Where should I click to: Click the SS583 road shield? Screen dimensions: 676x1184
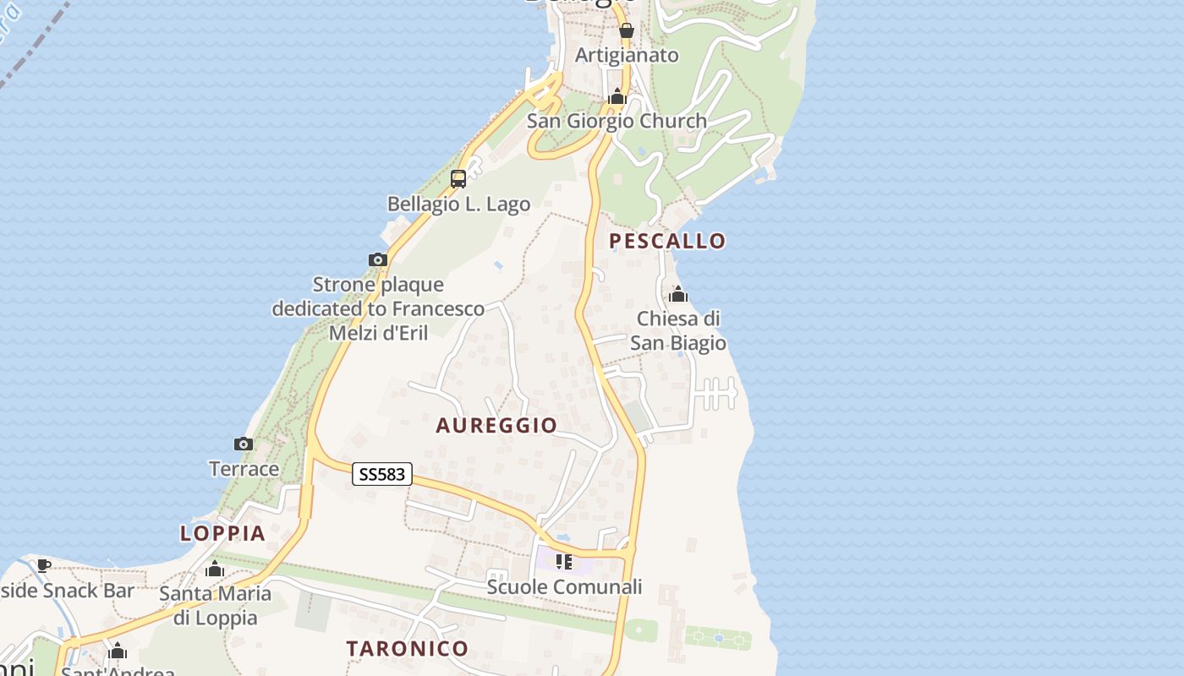click(382, 475)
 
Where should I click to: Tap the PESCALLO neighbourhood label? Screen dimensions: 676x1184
click(667, 241)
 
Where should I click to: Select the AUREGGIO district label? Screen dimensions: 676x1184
click(496, 425)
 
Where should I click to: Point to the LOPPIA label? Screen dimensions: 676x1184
click(222, 533)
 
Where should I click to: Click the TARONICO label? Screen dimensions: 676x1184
click(407, 648)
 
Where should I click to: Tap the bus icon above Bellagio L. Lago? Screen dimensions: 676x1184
click(458, 179)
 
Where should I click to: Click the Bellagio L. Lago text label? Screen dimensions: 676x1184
click(458, 204)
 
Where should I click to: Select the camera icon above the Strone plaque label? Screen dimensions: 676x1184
click(378, 259)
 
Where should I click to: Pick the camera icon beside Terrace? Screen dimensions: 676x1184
click(243, 444)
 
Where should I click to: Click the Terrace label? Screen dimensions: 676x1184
click(244, 469)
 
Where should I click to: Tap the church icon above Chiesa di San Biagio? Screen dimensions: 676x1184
click(678, 294)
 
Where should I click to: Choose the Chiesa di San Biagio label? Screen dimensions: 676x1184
click(678, 330)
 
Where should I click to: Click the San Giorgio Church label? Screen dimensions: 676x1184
click(617, 121)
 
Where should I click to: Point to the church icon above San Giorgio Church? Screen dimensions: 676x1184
click(617, 96)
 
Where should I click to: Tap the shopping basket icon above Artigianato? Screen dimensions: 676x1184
click(627, 31)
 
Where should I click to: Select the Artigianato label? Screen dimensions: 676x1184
click(627, 55)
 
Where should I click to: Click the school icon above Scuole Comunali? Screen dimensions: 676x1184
click(564, 562)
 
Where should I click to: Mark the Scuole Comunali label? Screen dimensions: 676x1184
click(564, 586)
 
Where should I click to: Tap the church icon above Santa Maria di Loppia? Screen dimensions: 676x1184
click(215, 569)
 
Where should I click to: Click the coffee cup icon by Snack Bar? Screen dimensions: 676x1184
click(44, 565)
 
